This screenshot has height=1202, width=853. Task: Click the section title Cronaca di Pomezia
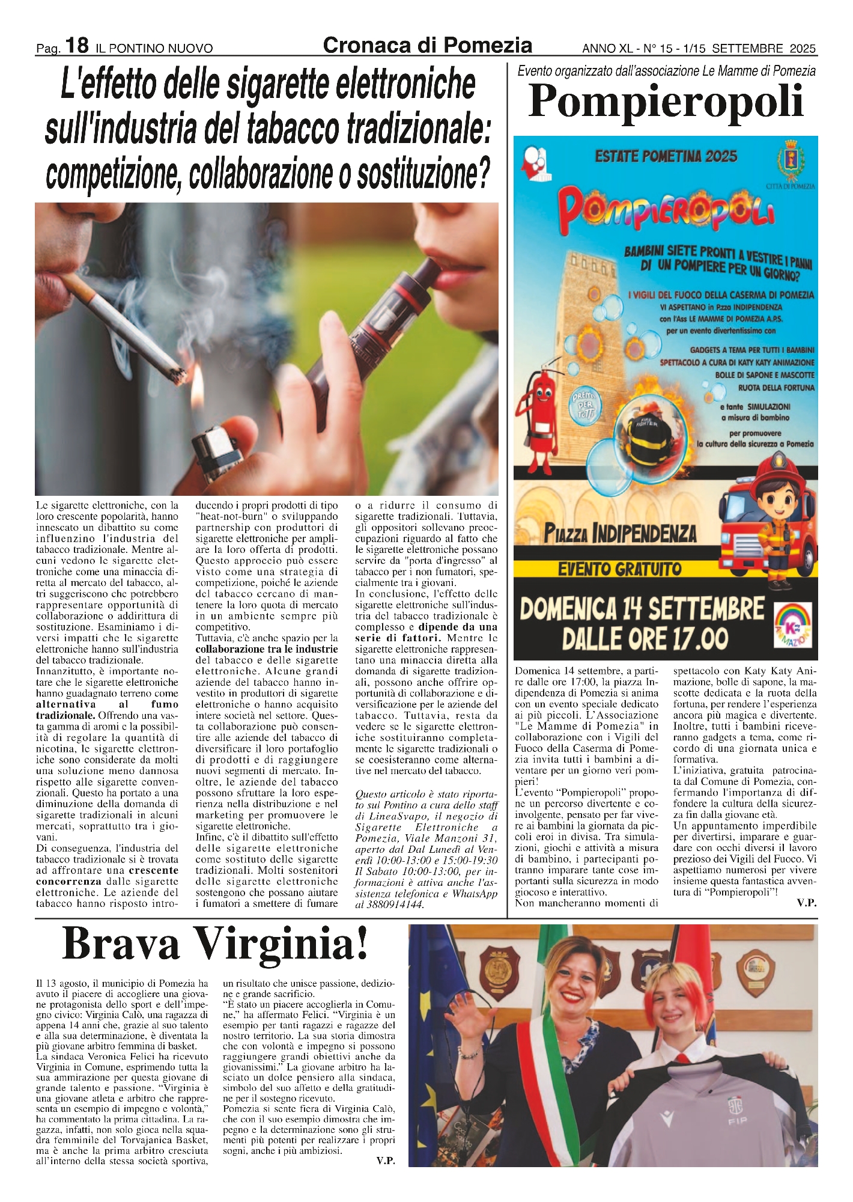pos(427,45)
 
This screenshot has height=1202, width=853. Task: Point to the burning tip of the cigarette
pos(178,376)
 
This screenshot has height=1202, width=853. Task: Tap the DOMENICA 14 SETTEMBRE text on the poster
pos(642,609)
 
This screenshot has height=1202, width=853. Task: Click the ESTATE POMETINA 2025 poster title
pos(666,157)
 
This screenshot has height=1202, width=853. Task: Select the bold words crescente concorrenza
pos(107,876)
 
